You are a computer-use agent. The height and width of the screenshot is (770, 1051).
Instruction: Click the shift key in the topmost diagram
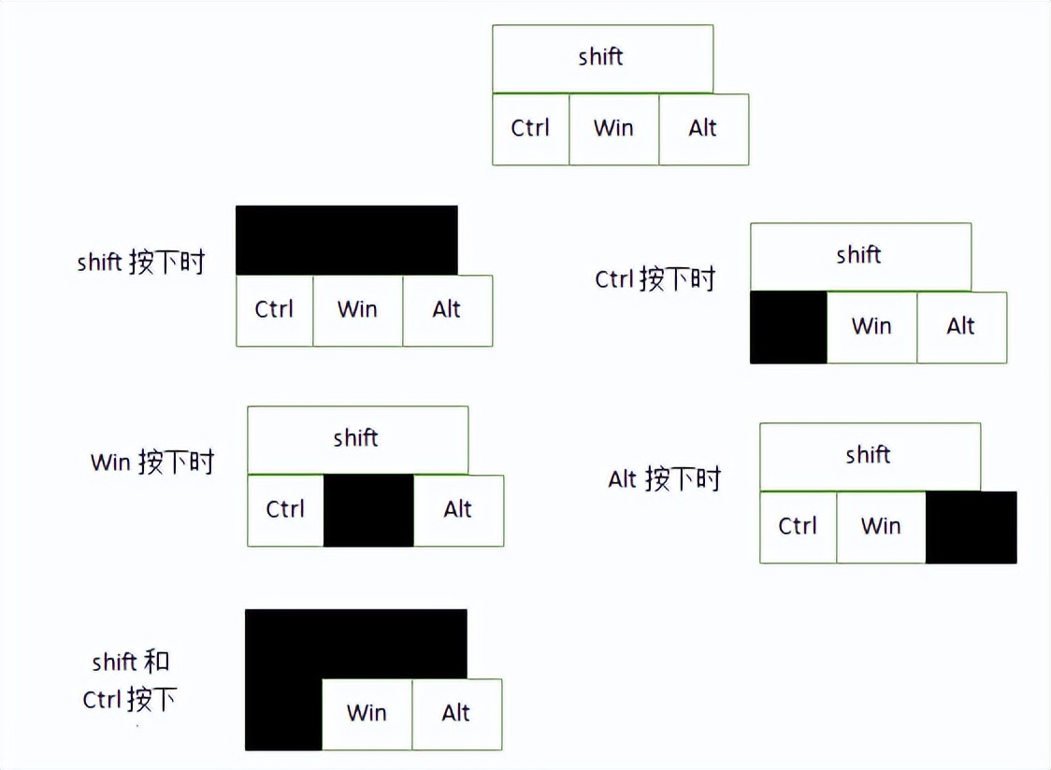tap(602, 58)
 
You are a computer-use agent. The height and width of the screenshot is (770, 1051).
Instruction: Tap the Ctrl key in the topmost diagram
tap(530, 129)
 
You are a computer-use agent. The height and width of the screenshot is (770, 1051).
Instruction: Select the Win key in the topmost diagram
tap(613, 129)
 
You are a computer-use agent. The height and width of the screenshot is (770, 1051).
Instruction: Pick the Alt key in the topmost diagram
tap(703, 129)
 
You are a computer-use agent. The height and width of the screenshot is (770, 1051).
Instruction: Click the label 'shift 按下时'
tap(140, 262)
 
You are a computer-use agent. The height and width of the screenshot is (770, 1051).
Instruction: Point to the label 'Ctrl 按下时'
tap(655, 278)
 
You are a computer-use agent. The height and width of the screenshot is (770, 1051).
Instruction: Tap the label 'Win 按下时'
tap(152, 462)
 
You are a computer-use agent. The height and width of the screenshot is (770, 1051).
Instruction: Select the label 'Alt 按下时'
tap(665, 479)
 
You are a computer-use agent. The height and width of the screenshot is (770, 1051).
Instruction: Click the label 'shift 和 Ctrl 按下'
tap(130, 681)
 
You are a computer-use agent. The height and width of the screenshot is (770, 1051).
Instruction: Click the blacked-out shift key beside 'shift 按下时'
tap(346, 240)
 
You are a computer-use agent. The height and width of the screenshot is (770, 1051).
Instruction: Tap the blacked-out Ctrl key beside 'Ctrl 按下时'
tap(788, 327)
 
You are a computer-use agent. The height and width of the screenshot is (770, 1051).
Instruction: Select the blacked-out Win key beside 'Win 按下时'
tap(368, 510)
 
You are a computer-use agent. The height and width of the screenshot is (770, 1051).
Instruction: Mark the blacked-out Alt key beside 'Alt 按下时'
tap(971, 527)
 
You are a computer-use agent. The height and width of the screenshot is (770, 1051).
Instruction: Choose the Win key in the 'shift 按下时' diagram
tap(357, 310)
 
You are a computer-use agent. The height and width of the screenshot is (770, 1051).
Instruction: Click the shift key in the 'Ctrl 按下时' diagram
tap(860, 256)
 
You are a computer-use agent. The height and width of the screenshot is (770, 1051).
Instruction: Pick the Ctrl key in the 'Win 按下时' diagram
tap(285, 510)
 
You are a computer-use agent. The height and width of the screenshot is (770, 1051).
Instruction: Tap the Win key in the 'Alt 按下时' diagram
tap(881, 527)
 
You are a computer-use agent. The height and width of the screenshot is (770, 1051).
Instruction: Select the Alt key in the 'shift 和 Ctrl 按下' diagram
tap(456, 714)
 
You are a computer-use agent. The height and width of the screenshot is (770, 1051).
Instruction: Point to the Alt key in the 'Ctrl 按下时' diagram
tap(961, 327)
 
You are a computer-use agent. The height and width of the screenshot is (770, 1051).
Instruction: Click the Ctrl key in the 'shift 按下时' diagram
tap(274, 310)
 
